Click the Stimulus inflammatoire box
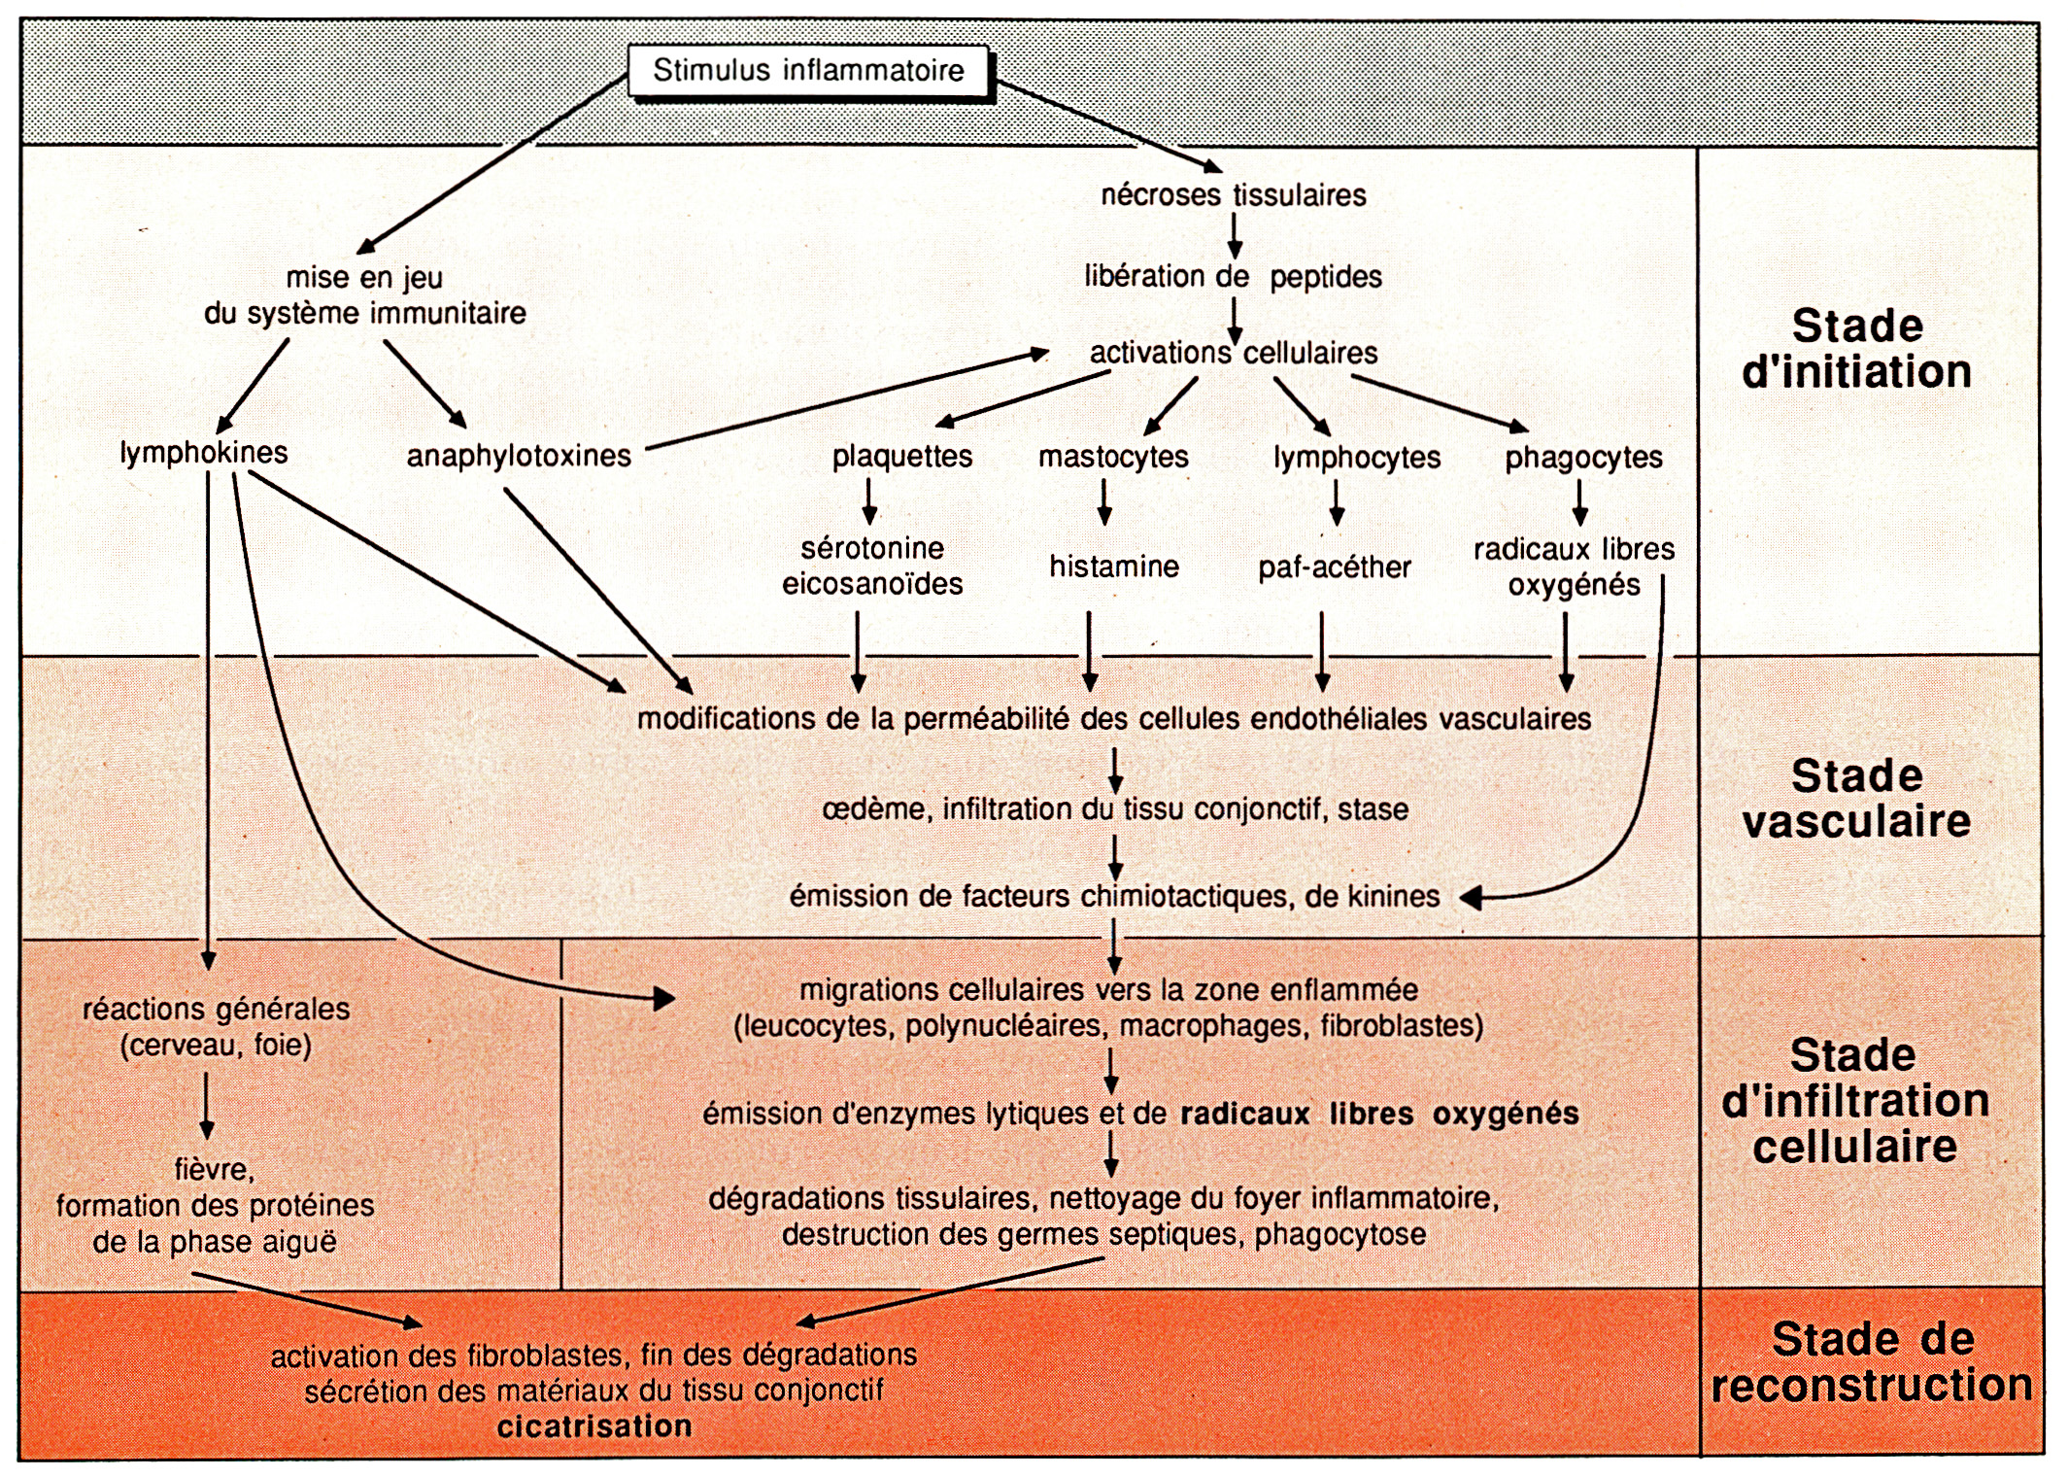[x=808, y=71]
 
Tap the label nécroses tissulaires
[x=1233, y=195]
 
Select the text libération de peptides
[x=1233, y=277]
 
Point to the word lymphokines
[x=204, y=453]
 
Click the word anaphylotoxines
[x=519, y=456]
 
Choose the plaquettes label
[x=902, y=457]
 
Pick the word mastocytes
[x=1113, y=457]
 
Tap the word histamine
[x=1114, y=567]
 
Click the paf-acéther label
[x=1335, y=567]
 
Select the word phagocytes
[x=1583, y=458]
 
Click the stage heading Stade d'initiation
[x=1856, y=349]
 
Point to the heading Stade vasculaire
[x=1856, y=799]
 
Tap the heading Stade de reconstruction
[x=1872, y=1362]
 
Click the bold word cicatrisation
[x=594, y=1426]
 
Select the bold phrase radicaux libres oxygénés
[x=1379, y=1114]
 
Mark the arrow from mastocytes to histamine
[x=1103, y=502]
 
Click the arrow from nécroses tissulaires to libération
[x=1235, y=236]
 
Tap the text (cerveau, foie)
[x=216, y=1046]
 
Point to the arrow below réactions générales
[x=207, y=1105]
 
